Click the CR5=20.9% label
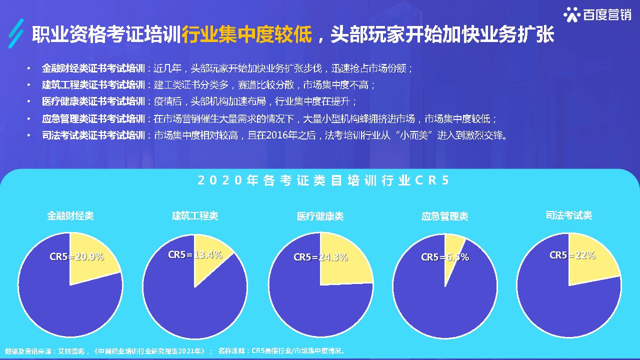point(76,256)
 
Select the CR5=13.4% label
point(195,254)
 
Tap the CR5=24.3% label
point(320,257)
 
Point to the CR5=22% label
point(572,255)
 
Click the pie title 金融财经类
point(70,216)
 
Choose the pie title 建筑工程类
point(195,215)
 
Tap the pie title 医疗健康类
point(320,216)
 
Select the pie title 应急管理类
point(445,216)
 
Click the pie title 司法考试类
point(569,215)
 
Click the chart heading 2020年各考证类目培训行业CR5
point(323,180)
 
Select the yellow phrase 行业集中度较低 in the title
point(247,35)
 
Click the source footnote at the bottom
point(175,351)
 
